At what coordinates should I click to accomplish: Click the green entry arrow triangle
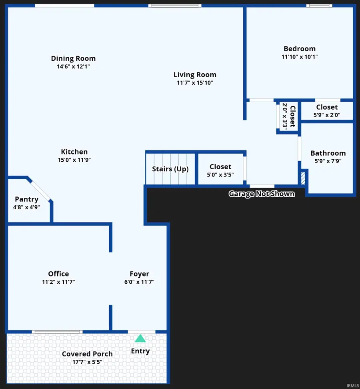140,339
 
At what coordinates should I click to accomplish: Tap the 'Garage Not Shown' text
262,194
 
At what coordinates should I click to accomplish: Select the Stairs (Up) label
170,169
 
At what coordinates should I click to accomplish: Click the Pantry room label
26,199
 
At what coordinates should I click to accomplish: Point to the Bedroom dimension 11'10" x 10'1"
300,57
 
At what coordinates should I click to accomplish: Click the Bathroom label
328,153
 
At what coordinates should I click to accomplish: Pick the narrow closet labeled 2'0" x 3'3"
289,116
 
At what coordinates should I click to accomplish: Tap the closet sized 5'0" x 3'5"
220,170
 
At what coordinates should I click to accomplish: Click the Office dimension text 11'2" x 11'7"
58,282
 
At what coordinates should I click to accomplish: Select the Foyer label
139,274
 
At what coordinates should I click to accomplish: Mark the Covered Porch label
87,354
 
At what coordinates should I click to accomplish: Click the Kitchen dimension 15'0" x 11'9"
74,160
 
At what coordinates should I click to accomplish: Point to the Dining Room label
73,58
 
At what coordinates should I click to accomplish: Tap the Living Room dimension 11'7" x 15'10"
195,83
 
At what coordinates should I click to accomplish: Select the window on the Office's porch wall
57,332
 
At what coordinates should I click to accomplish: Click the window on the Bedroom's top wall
319,6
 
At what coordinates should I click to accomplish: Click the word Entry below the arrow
140,351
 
